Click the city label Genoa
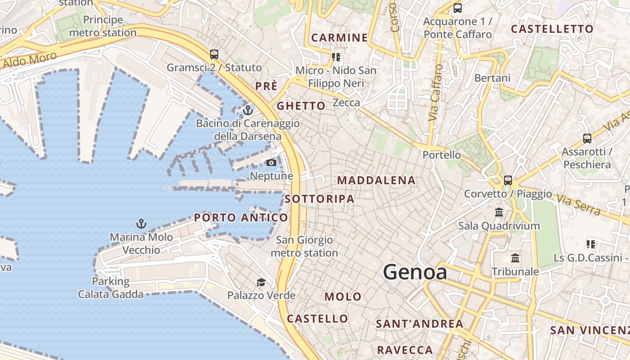click(415, 272)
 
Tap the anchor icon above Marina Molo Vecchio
click(141, 223)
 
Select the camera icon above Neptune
click(271, 162)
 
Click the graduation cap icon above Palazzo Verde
click(261, 282)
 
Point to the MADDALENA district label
click(376, 180)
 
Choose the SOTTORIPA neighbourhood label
click(319, 198)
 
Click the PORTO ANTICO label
click(241, 218)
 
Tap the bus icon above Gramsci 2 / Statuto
click(214, 54)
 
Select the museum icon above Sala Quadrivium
click(499, 212)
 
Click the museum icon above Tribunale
click(515, 258)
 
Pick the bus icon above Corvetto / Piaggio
click(508, 180)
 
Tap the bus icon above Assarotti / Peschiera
click(587, 138)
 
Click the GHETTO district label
click(301, 106)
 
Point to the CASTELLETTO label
click(552, 29)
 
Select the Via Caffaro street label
click(435, 93)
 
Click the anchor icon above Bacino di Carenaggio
click(247, 110)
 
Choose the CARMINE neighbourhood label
click(340, 37)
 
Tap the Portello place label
click(441, 155)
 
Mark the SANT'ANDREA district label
click(419, 324)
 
